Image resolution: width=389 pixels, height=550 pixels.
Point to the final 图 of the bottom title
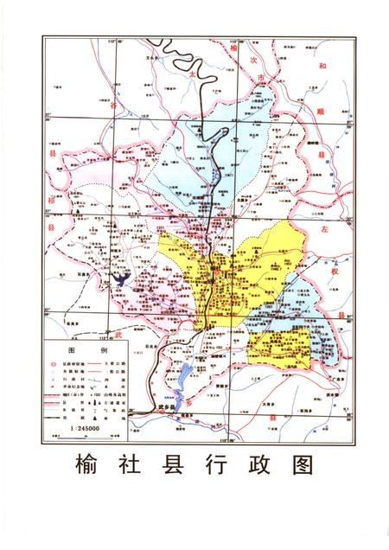click(301, 464)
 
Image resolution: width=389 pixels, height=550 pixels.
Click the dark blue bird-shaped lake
click(122, 280)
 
